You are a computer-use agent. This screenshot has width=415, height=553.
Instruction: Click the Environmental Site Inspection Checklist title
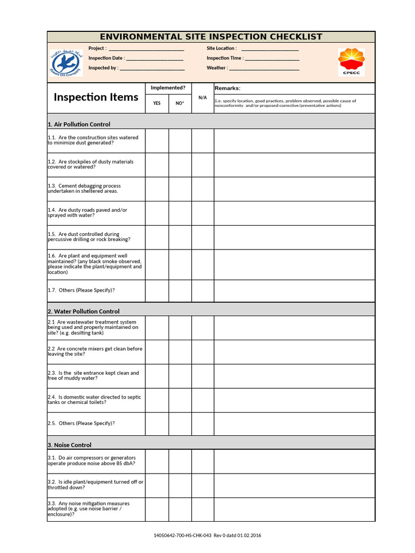[x=211, y=37]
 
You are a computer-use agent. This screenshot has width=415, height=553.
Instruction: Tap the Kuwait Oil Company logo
[x=64, y=62]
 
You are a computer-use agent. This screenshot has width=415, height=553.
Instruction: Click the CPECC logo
[x=351, y=62]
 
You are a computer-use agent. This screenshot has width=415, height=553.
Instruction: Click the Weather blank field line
[x=264, y=69]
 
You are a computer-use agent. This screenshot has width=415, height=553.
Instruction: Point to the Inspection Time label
[x=225, y=58]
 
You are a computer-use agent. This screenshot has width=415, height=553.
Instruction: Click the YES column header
[x=157, y=103]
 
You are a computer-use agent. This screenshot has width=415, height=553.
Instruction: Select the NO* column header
[x=180, y=103]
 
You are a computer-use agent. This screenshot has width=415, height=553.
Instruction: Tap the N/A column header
[x=203, y=98]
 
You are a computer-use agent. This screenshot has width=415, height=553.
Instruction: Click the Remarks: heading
[x=227, y=89]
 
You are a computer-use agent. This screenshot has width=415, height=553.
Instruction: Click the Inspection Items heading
[x=96, y=97]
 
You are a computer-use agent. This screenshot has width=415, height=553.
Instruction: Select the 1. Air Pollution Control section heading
[x=79, y=124]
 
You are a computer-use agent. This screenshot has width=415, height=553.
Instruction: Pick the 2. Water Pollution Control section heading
[x=83, y=312]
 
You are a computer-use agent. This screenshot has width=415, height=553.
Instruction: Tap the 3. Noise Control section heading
[x=69, y=445]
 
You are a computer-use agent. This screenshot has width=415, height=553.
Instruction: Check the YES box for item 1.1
[x=157, y=140]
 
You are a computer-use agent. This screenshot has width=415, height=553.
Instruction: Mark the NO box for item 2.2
[x=180, y=352]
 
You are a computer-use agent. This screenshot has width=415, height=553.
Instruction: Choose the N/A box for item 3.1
[x=203, y=461]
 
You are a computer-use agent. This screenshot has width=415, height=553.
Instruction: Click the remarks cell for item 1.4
[x=294, y=213]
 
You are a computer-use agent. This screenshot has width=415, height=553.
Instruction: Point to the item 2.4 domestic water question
[x=95, y=400]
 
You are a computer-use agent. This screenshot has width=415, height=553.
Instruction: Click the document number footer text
[x=207, y=535]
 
